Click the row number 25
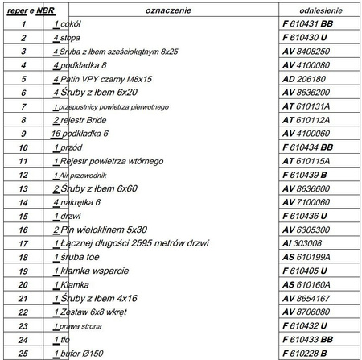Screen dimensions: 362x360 (x=24, y=353)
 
